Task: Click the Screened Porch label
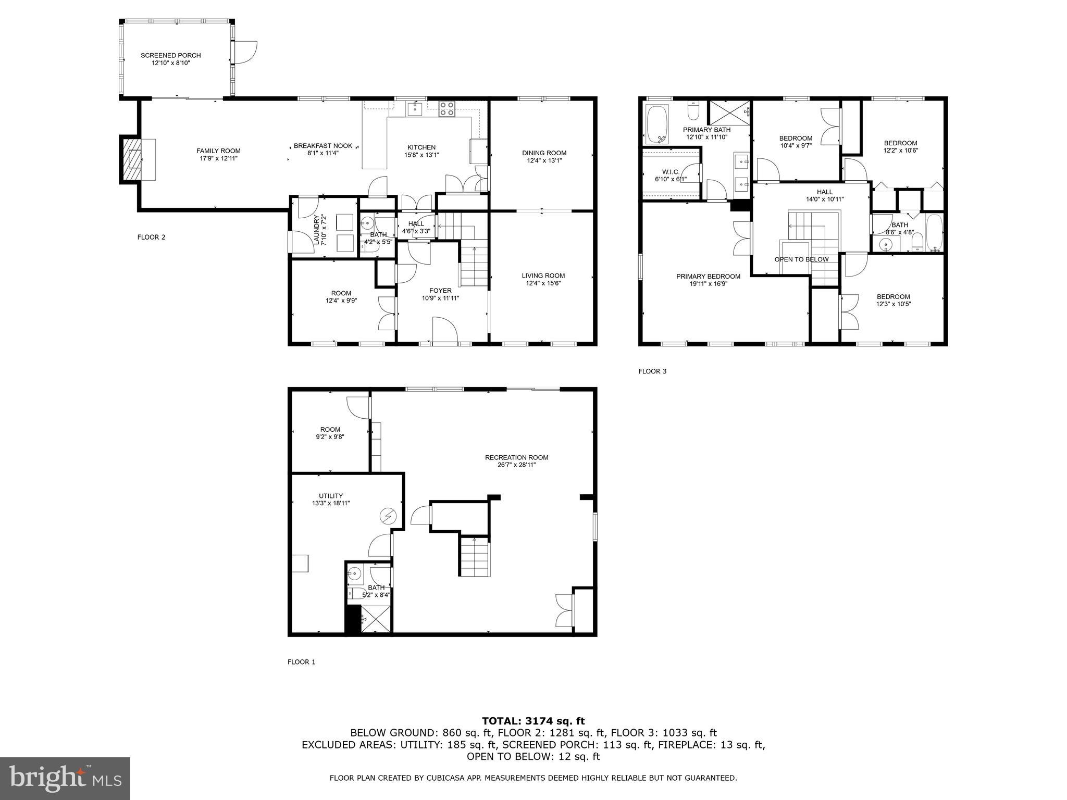170,55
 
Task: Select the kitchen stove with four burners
446,109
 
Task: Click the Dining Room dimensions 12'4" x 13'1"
544,161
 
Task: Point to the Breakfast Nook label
322,146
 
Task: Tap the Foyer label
440,291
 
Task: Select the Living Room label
543,276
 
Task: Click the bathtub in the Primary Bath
656,124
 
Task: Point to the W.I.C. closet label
671,171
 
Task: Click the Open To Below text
801,259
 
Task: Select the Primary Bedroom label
708,277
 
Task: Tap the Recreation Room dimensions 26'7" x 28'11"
516,465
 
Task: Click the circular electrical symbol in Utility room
388,516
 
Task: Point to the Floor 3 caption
652,371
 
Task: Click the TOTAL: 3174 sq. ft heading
533,721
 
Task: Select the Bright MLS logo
65,778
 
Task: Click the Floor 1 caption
301,662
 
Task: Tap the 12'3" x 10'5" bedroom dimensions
893,304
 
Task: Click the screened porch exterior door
245,53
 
